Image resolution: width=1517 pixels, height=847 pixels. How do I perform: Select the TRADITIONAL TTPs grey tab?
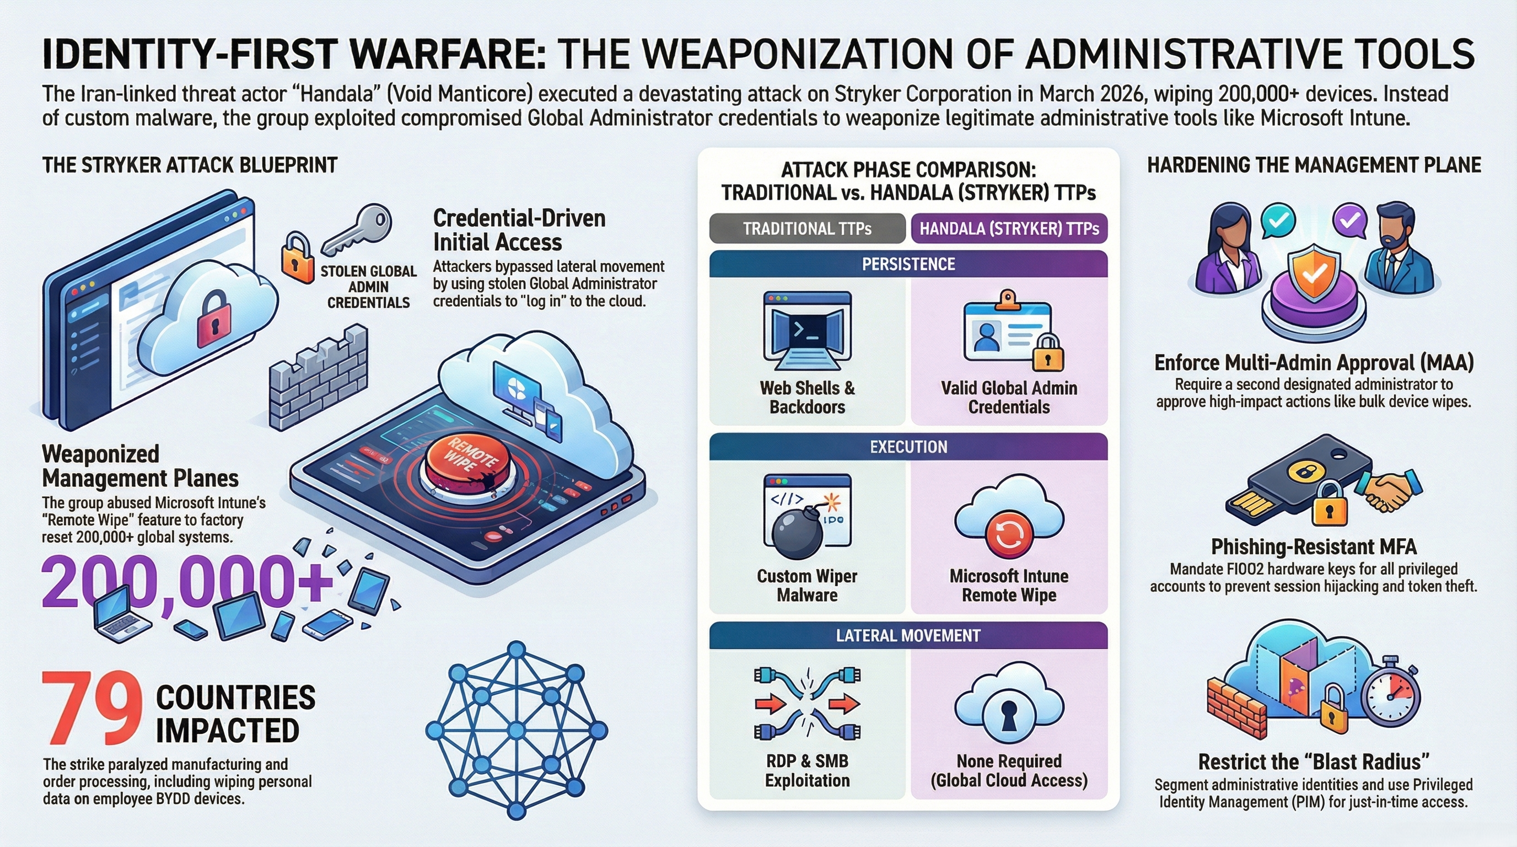(x=807, y=228)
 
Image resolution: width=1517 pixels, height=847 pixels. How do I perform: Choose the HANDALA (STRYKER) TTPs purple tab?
(x=1009, y=228)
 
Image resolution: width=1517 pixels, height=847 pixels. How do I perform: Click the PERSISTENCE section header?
(x=908, y=264)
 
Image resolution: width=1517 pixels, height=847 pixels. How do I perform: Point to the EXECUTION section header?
(x=908, y=447)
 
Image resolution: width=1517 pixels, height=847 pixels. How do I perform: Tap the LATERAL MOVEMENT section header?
(x=908, y=636)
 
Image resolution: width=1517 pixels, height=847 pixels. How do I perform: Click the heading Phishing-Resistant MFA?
(x=1313, y=547)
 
